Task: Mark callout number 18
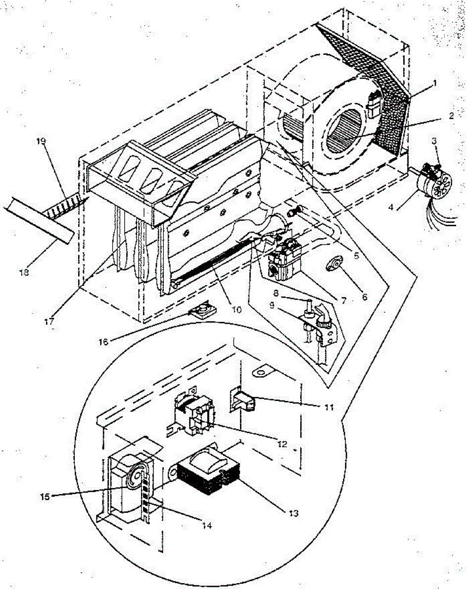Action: tap(23, 272)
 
